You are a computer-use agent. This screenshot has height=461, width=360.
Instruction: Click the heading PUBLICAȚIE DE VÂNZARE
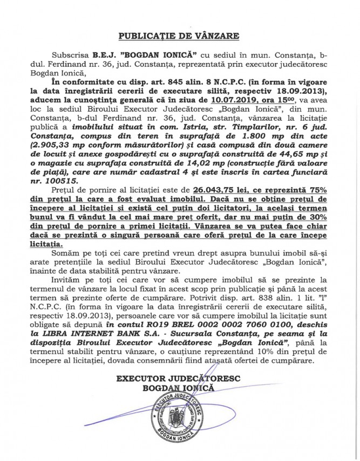click(x=179, y=37)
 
